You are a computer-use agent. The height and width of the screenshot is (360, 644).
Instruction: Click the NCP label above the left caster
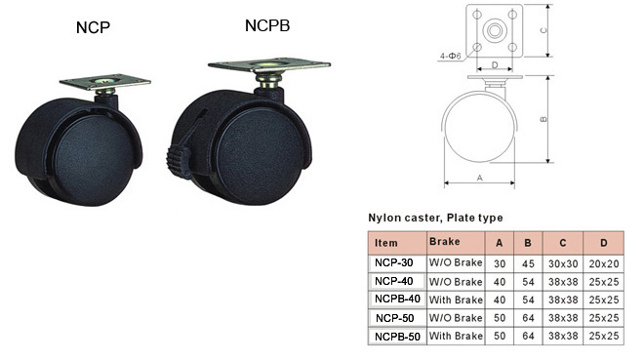pyautogui.click(x=93, y=27)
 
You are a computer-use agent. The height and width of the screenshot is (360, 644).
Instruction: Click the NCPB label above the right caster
pyautogui.click(x=267, y=25)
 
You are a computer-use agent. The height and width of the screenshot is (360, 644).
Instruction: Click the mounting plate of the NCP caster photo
pyautogui.click(x=104, y=82)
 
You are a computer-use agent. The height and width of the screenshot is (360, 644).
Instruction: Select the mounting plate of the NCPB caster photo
pyautogui.click(x=269, y=64)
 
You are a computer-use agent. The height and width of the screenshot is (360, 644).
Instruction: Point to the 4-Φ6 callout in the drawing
pyautogui.click(x=451, y=56)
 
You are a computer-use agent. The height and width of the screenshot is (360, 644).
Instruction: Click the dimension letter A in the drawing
pyautogui.click(x=480, y=178)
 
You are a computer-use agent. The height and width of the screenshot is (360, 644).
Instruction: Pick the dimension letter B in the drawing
pyautogui.click(x=543, y=119)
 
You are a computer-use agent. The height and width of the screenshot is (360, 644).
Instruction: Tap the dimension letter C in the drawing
pyautogui.click(x=543, y=30)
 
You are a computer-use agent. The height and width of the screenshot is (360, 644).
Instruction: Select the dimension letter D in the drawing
pyautogui.click(x=495, y=64)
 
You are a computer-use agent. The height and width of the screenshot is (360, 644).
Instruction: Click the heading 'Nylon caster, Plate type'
pyautogui.click(x=435, y=218)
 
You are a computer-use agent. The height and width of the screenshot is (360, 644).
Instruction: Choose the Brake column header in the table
pyautogui.click(x=444, y=241)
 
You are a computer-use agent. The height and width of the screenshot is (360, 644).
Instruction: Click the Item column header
pyautogui.click(x=386, y=243)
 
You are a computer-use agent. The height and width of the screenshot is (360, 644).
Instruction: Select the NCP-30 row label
pyautogui.click(x=394, y=262)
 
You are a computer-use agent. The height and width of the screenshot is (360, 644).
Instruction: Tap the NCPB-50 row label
pyautogui.click(x=397, y=337)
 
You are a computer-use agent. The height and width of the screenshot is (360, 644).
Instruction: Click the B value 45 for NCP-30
pyautogui.click(x=528, y=263)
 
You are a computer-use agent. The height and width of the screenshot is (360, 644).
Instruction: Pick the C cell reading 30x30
pyautogui.click(x=563, y=263)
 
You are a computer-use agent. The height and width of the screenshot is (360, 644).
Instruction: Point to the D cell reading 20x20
pyautogui.click(x=604, y=263)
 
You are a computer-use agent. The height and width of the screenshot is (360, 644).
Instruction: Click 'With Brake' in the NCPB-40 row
pyautogui.click(x=456, y=300)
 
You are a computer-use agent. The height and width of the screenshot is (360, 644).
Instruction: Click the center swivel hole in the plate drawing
pyautogui.click(x=495, y=31)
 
